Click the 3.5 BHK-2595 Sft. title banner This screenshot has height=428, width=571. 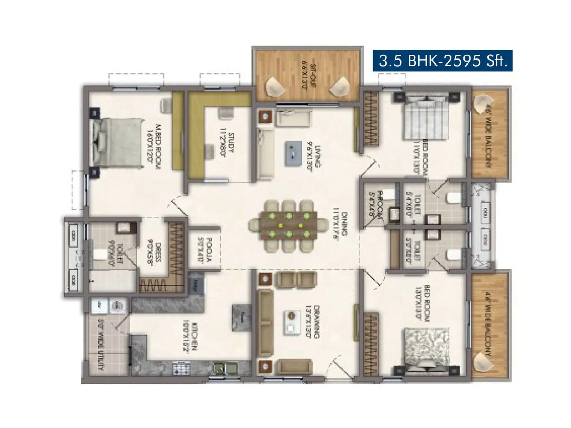point(443,61)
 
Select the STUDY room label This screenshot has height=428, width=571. point(227,144)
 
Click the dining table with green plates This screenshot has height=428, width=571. point(289,225)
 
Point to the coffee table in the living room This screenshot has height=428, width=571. point(293,153)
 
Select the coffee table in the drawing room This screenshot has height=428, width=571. point(292,322)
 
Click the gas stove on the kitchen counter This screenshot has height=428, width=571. point(182,368)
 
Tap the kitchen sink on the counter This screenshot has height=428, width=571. point(226,367)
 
